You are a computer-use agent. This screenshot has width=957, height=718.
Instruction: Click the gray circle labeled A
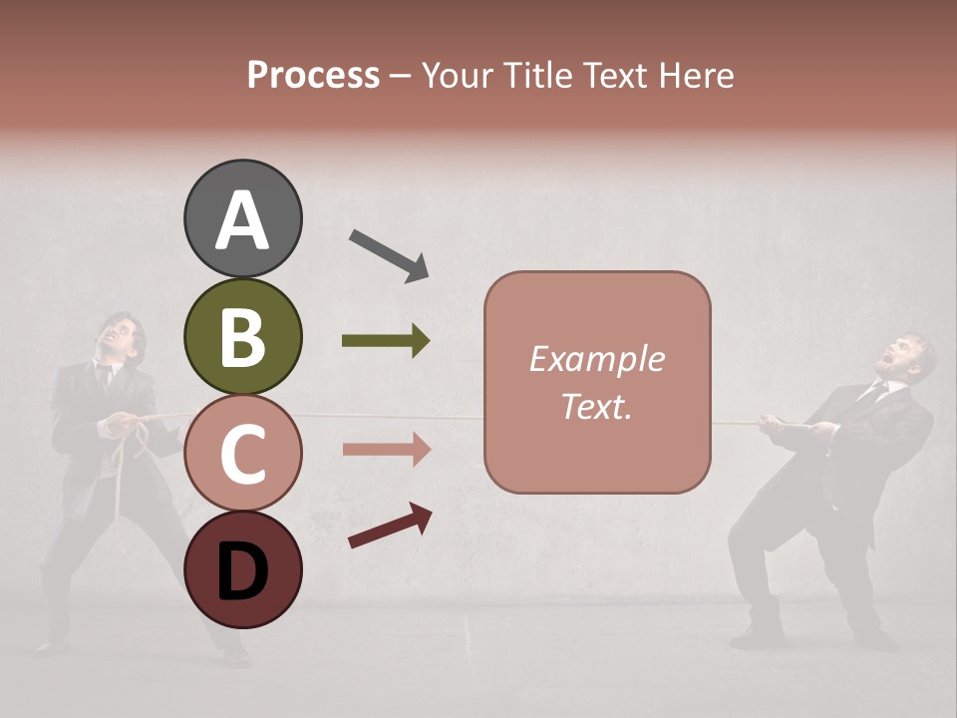click(x=243, y=218)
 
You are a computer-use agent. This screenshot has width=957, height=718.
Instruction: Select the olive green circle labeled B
click(x=243, y=336)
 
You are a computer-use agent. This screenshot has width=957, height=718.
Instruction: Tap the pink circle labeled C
click(x=243, y=453)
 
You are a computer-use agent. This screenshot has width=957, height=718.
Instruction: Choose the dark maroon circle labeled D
click(x=243, y=569)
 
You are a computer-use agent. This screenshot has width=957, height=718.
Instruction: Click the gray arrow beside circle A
click(x=389, y=255)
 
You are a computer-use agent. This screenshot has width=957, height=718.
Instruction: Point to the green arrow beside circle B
click(x=386, y=341)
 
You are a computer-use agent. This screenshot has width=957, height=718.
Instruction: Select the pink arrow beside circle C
click(x=386, y=449)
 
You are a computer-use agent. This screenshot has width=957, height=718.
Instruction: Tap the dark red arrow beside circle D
click(x=390, y=526)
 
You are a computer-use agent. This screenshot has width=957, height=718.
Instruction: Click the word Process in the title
click(x=313, y=76)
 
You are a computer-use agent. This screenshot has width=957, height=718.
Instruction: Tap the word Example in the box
click(x=596, y=359)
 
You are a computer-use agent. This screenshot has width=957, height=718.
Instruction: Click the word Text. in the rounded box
click(x=596, y=406)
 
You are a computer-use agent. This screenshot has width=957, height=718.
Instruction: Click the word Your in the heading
click(x=456, y=76)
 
